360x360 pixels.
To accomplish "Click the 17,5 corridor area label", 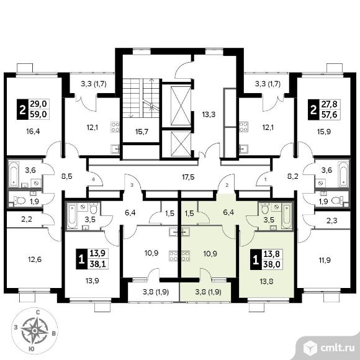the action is pos(187,177).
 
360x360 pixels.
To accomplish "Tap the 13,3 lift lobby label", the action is pos(209,114).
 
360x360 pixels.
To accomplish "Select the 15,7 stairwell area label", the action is pos(142,132).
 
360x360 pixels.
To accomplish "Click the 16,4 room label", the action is pos(34,132).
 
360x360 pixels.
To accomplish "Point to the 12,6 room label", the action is pos(35,259).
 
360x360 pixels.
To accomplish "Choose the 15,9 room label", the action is pos(324,132).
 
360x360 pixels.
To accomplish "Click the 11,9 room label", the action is pos(325,260).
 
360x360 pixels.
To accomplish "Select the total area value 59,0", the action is pos(39,114).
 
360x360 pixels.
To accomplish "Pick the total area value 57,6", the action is pos(330,114).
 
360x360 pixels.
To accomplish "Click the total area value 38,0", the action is pos(272,264).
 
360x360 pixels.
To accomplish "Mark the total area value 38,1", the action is pos(97,264).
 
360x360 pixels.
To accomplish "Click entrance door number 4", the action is pos(93,179).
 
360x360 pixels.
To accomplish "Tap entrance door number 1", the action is pos(266,179).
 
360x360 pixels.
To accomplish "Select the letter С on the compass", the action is pos(38,312).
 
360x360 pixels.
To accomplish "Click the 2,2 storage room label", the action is pos(27,220).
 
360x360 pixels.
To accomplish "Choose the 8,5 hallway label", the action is pos(67,176).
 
